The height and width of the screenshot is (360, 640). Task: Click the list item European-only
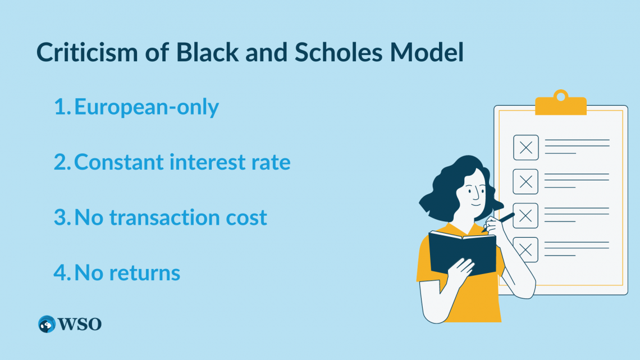tap(147, 107)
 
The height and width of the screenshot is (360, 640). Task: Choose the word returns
tap(145, 273)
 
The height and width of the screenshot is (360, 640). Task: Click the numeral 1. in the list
tap(62, 107)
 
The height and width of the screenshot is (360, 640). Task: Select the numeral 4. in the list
tap(62, 273)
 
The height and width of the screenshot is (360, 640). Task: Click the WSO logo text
tap(80, 324)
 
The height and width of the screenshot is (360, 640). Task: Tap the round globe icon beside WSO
tap(47, 324)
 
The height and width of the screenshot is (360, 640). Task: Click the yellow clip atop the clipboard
tap(560, 104)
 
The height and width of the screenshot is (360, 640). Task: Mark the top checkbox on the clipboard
tap(525, 148)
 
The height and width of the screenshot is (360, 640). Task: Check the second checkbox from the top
tap(525, 181)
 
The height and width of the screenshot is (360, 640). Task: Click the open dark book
tap(462, 252)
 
